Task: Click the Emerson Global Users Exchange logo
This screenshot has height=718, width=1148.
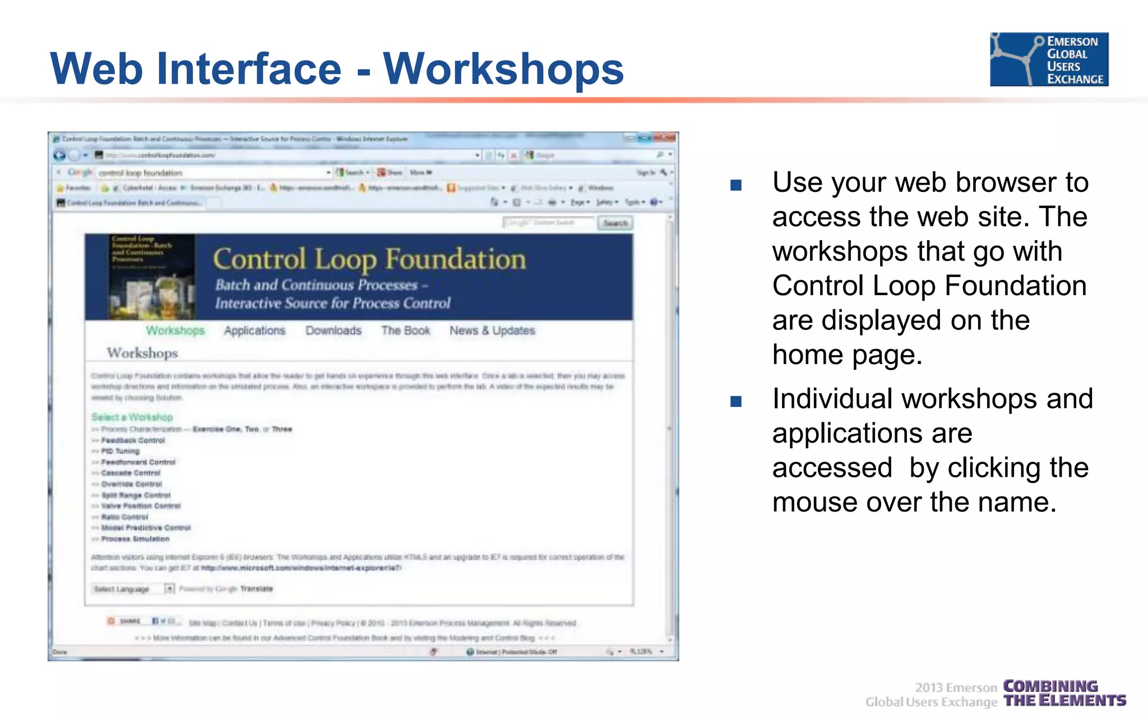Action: [1049, 59]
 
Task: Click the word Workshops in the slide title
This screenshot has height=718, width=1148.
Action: [503, 69]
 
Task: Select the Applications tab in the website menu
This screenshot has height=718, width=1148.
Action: [254, 330]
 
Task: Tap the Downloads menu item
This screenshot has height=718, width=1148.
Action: [333, 330]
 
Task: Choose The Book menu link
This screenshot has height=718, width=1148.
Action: [405, 330]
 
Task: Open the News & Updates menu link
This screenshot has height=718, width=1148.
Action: [492, 330]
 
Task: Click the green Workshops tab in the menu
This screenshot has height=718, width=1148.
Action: [175, 330]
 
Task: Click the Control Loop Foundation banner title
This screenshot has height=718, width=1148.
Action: [369, 260]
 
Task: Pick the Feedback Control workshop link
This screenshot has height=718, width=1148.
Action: [133, 440]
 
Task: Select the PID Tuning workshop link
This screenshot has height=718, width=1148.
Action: [120, 451]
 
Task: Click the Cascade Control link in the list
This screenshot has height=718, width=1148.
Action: [131, 473]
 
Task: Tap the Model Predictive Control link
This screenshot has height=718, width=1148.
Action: [146, 528]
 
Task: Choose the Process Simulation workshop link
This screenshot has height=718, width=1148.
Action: [135, 538]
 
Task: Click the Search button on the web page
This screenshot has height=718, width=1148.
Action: [615, 223]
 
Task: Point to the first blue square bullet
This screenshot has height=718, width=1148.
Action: [736, 185]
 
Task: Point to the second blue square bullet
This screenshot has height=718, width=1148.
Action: [736, 401]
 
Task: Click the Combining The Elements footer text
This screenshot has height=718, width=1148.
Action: [1063, 693]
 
